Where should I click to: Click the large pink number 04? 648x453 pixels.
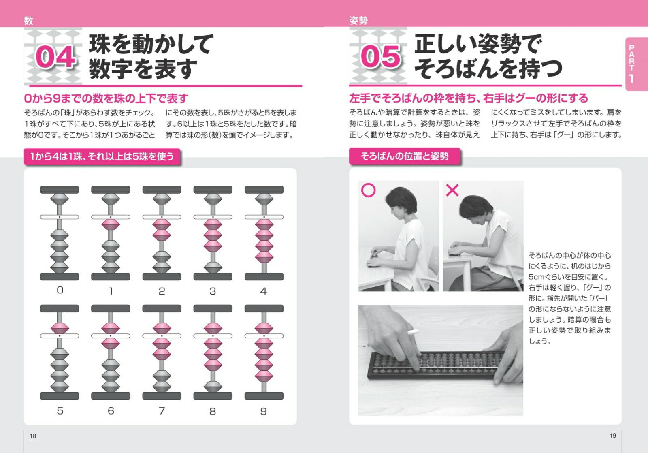(x=55, y=57)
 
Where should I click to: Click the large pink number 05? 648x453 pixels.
(x=380, y=57)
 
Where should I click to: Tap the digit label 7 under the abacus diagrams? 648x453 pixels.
(x=162, y=411)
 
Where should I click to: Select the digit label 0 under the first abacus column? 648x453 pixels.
(x=60, y=290)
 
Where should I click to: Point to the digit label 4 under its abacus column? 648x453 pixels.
(x=263, y=291)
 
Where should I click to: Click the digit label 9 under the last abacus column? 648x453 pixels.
(x=263, y=411)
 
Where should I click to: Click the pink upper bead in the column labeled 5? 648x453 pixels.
(x=60, y=328)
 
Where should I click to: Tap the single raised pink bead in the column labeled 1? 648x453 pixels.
(x=111, y=224)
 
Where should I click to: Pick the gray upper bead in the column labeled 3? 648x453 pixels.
(x=213, y=199)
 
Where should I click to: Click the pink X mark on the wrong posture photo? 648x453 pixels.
(x=452, y=190)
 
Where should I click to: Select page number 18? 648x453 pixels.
(x=33, y=436)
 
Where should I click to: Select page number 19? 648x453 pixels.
(x=613, y=436)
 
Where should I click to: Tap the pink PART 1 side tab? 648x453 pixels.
(x=636, y=64)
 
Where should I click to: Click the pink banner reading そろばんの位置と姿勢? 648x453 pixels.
(x=405, y=156)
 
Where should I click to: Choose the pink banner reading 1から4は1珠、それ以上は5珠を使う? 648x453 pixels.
(x=102, y=156)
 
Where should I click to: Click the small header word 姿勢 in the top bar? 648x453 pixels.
(x=358, y=21)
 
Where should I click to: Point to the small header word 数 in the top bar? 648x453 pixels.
(x=28, y=21)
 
